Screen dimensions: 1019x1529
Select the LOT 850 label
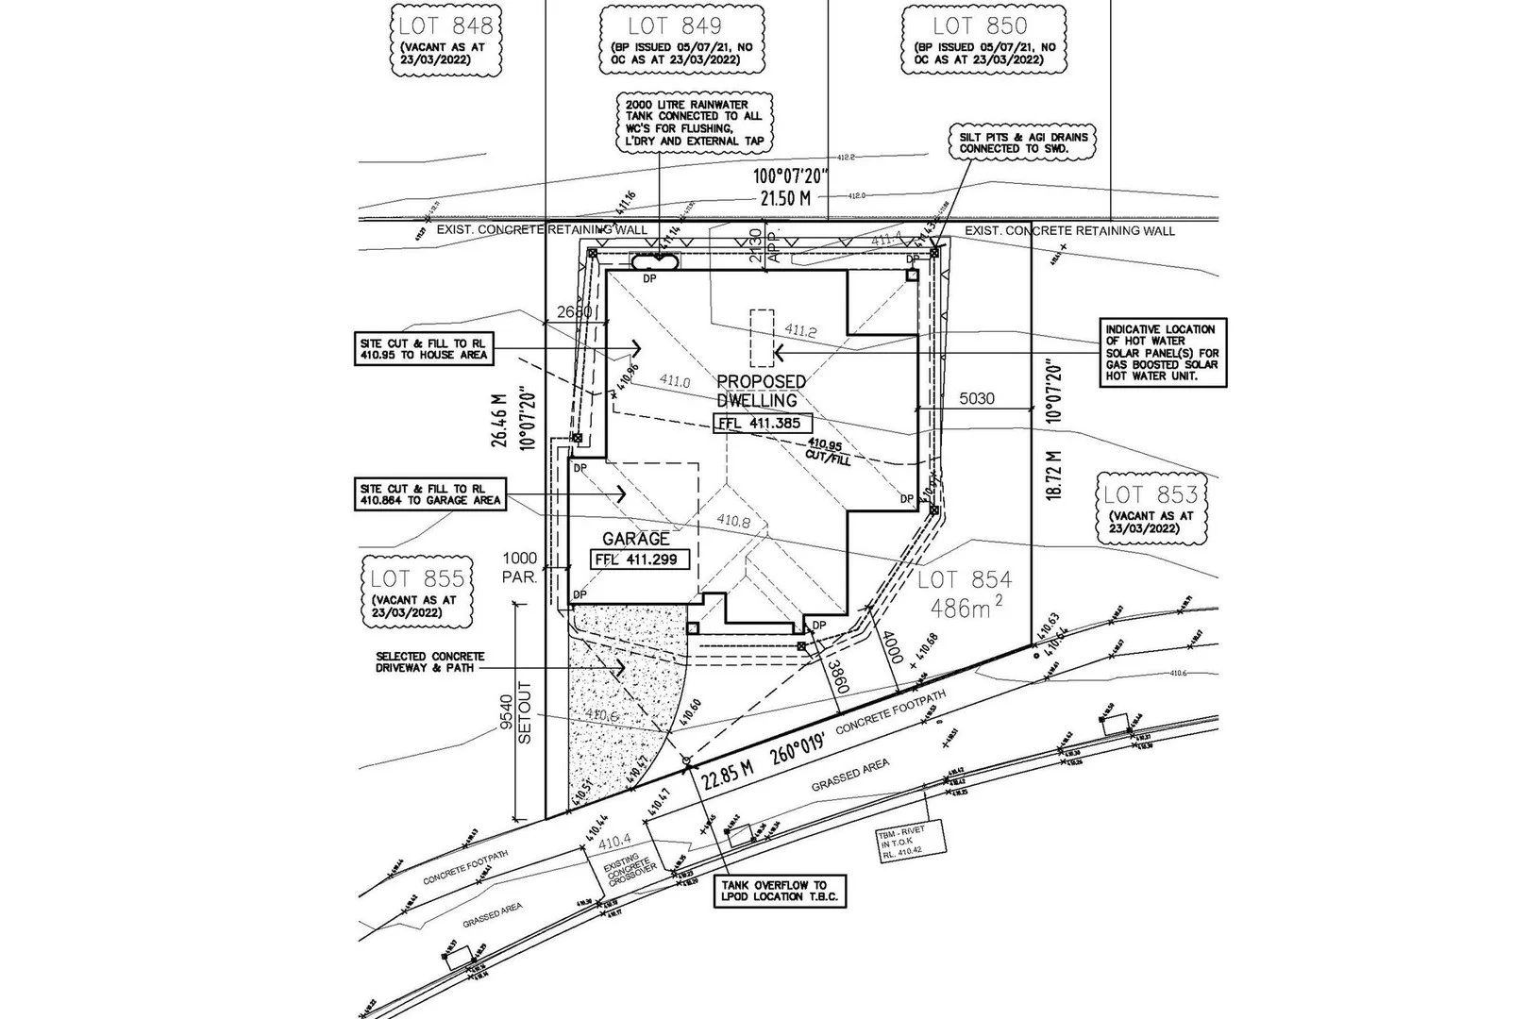[979, 25]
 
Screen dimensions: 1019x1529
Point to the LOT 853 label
[1151, 493]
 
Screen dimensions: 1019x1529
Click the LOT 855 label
[417, 578]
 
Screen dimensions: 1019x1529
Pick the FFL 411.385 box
[760, 424]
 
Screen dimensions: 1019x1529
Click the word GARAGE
[636, 539]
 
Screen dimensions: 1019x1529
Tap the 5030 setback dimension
[977, 399]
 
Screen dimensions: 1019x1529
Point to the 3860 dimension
[835, 676]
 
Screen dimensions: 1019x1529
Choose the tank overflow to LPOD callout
[781, 891]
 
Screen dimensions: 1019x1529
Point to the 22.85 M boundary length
[726, 769]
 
